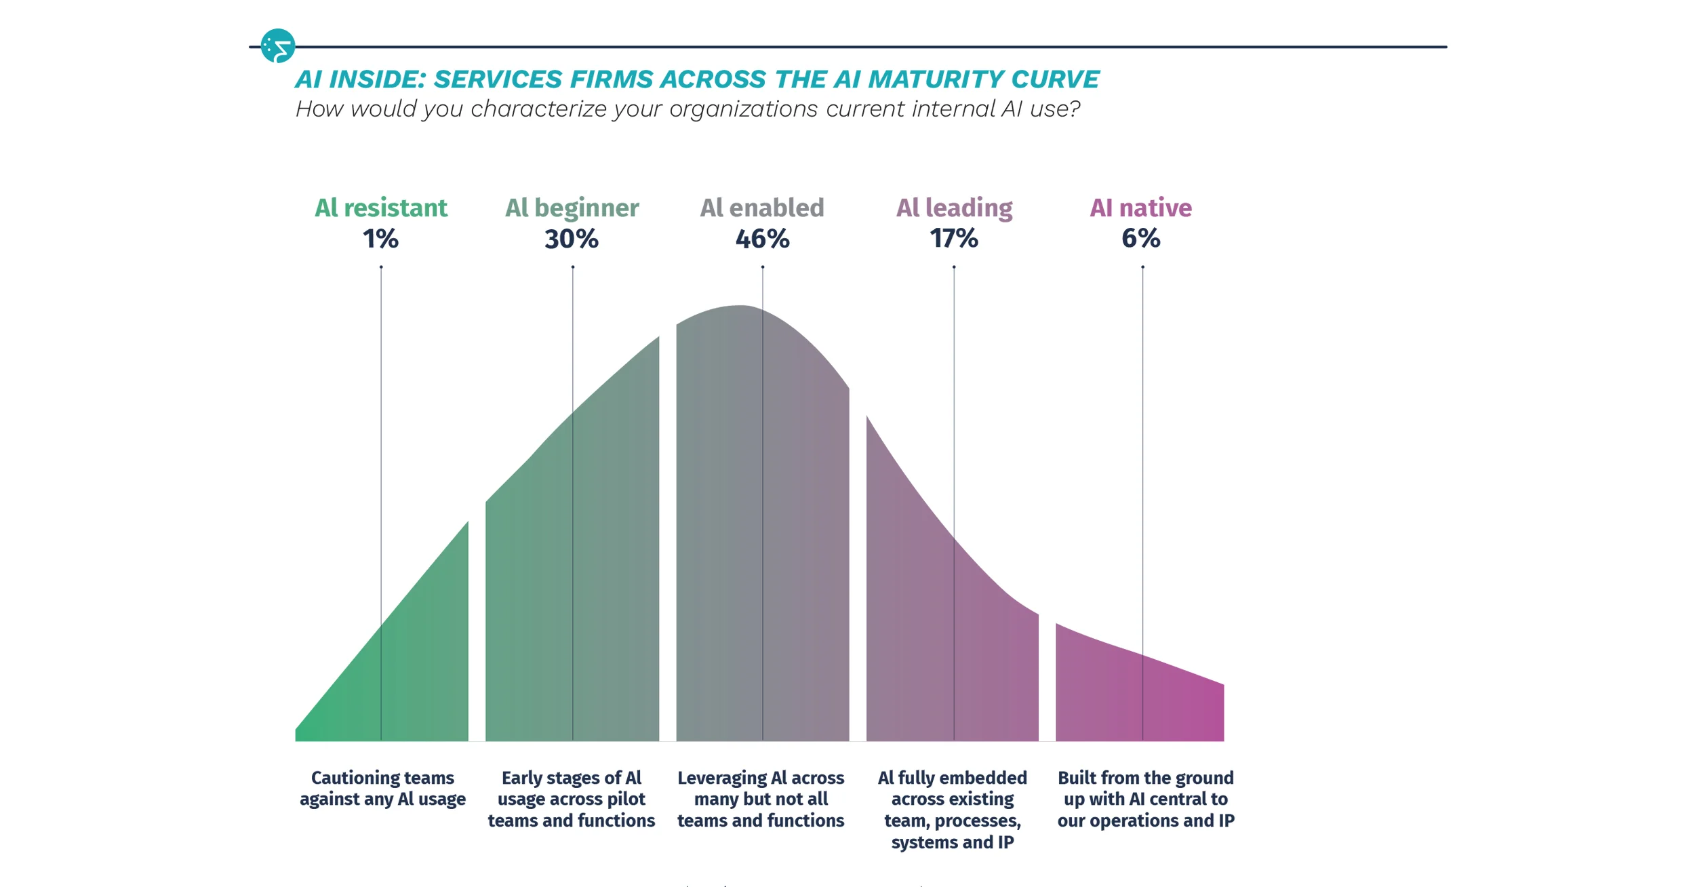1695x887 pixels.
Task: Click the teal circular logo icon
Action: tap(278, 45)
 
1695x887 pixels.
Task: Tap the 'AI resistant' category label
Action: tap(381, 208)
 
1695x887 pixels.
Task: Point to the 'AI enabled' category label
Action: tap(762, 208)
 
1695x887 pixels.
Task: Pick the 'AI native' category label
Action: tap(1141, 208)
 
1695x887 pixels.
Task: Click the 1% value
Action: tap(380, 239)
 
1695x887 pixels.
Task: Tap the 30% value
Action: tap(572, 239)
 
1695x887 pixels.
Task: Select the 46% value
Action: tap(763, 239)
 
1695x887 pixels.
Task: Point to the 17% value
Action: tap(954, 239)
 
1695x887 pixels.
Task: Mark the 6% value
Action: tap(1141, 239)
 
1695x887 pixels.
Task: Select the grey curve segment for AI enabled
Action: tap(763, 529)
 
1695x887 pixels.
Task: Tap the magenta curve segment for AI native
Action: tap(1139, 692)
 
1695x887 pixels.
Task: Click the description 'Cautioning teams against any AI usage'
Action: tap(382, 788)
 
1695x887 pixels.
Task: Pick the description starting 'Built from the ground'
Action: tap(1146, 799)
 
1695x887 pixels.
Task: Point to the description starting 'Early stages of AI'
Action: tap(572, 799)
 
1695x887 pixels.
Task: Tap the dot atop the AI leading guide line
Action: tap(954, 267)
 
